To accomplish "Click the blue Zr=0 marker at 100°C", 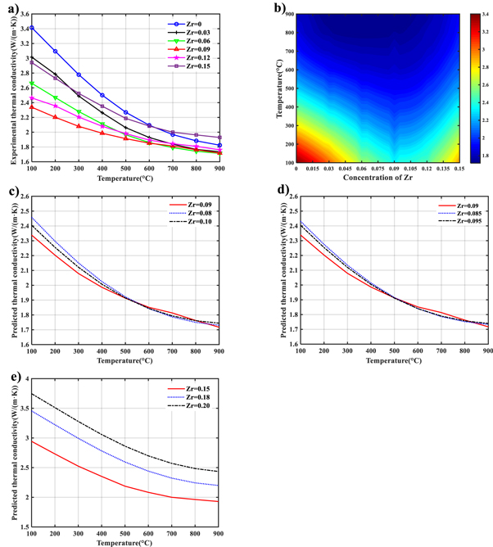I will tap(32, 28).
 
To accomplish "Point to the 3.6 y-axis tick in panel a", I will tap(21, 15).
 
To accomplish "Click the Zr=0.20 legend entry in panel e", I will tap(196, 403).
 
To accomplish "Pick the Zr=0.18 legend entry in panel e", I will tap(196, 394).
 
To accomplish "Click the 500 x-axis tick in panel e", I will tap(126, 533).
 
